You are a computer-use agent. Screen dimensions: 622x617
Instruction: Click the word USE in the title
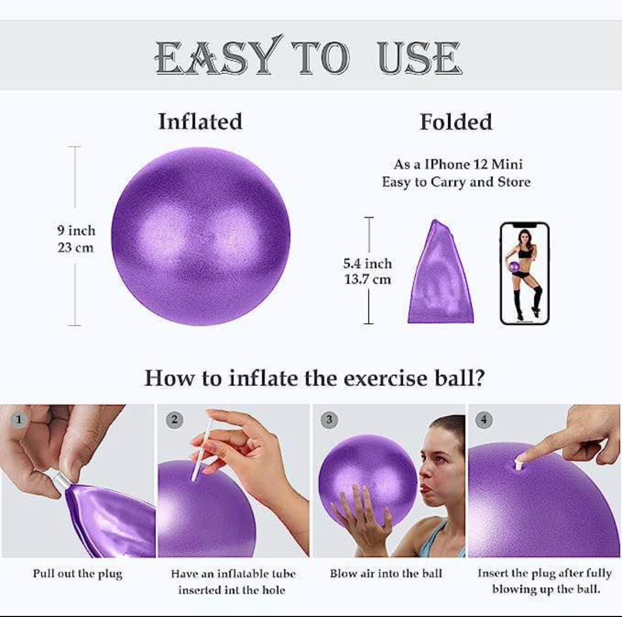[x=420, y=58]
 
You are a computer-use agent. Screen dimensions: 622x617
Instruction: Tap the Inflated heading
[x=200, y=121]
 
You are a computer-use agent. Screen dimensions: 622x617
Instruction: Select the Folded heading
[x=456, y=121]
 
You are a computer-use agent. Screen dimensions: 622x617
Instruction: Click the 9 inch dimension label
[x=76, y=231]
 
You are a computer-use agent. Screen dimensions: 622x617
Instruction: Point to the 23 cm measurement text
[x=76, y=248]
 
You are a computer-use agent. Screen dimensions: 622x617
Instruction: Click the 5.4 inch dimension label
[x=367, y=264]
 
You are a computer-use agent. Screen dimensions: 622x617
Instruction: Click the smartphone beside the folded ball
[x=524, y=273]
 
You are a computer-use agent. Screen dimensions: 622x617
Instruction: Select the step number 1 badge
[x=19, y=419]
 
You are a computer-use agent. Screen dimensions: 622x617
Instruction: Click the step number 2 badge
[x=174, y=419]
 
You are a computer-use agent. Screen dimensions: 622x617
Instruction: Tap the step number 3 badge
[x=329, y=419]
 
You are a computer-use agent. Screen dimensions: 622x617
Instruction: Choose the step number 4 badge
[x=484, y=419]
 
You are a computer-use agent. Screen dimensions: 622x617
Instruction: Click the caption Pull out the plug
[x=78, y=574]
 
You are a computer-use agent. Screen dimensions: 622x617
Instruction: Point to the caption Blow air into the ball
[x=386, y=573]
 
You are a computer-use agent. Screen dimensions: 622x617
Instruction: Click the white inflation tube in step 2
[x=201, y=450]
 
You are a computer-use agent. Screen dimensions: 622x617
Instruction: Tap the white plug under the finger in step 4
[x=517, y=463]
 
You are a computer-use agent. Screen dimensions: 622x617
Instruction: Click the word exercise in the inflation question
[x=385, y=378]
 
